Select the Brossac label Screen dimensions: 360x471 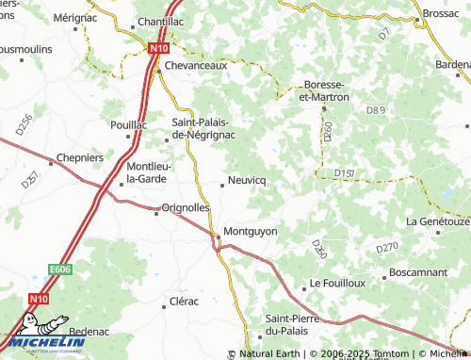(x=440, y=15)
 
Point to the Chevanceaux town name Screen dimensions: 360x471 (x=197, y=67)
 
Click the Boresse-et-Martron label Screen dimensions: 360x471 (x=323, y=90)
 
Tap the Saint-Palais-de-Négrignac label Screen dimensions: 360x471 (x=203, y=127)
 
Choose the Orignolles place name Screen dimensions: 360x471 (x=185, y=207)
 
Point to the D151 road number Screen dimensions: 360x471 (x=344, y=173)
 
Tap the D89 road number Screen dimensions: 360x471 (x=376, y=111)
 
